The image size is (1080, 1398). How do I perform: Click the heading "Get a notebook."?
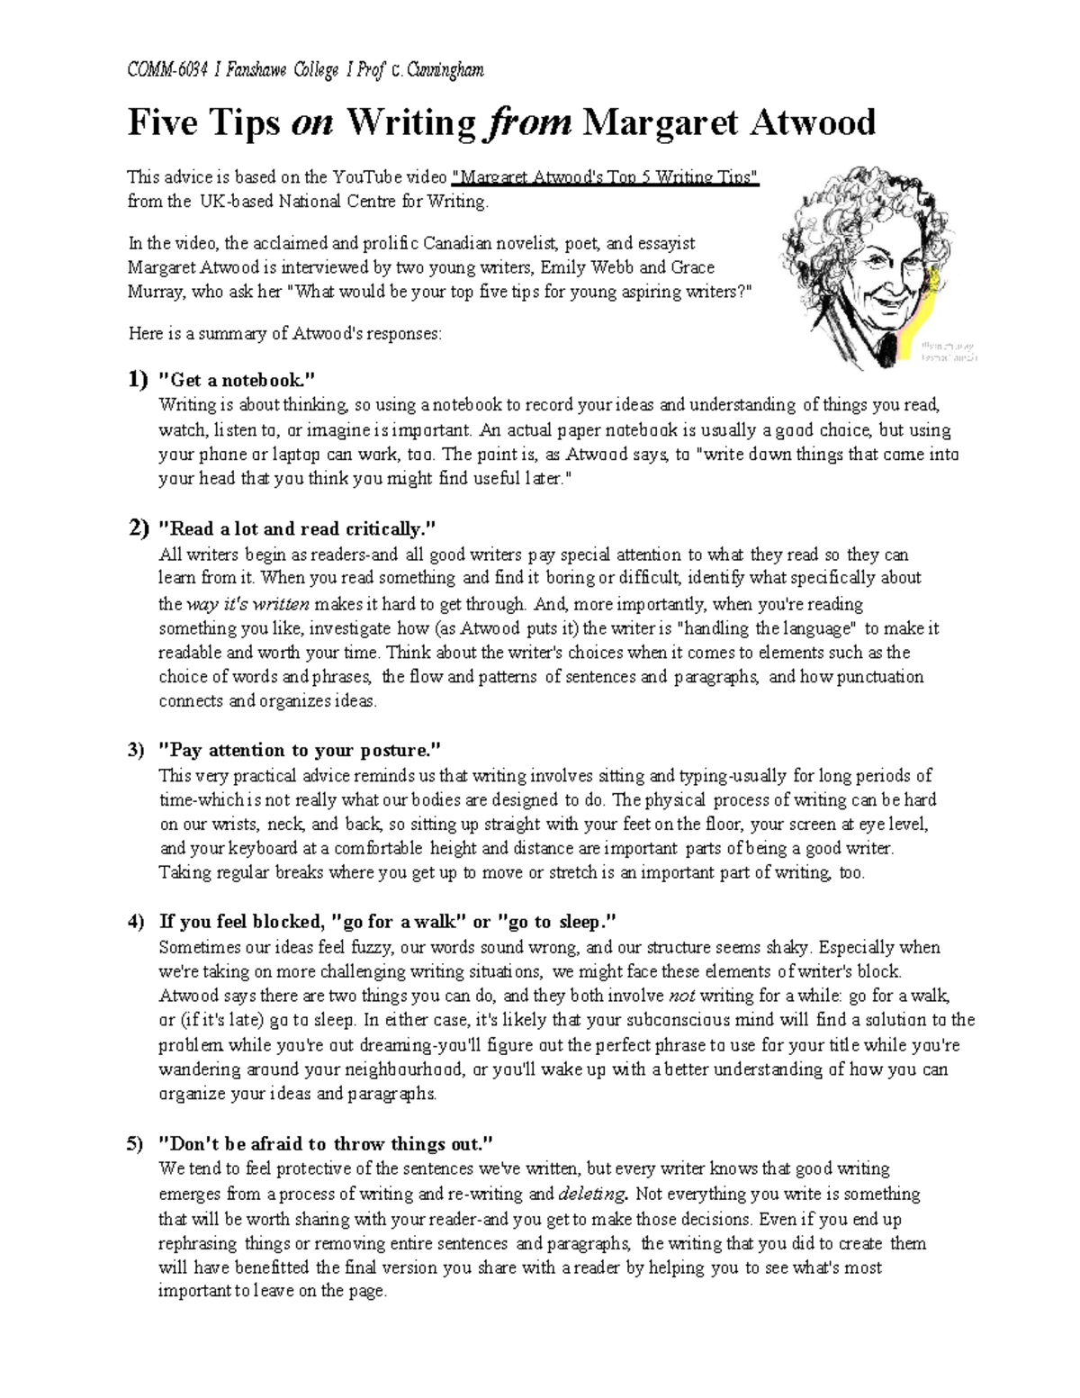(238, 381)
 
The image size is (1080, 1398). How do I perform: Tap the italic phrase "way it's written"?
(248, 604)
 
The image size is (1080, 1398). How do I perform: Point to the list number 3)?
(136, 750)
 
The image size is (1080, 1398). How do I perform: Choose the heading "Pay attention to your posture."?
(301, 750)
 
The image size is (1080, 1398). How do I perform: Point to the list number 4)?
(136, 922)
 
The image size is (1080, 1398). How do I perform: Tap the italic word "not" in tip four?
(682, 997)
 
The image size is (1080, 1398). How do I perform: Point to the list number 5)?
(136, 1144)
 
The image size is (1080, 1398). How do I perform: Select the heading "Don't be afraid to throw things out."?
(326, 1144)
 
